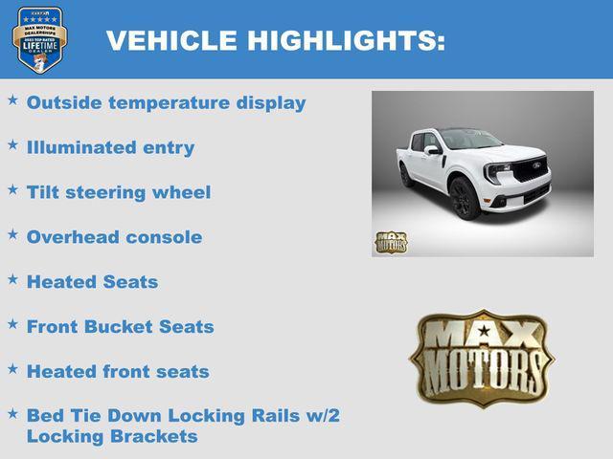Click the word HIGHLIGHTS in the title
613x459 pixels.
pyautogui.click(x=346, y=41)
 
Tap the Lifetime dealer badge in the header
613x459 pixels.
pyautogui.click(x=39, y=40)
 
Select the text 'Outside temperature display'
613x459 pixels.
pyautogui.click(x=166, y=102)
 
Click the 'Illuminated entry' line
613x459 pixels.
pyautogui.click(x=110, y=147)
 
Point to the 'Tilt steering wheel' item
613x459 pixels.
pyautogui.click(x=119, y=192)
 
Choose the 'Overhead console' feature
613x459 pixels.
pyautogui.click(x=114, y=237)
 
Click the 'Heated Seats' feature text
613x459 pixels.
pyautogui.click(x=92, y=282)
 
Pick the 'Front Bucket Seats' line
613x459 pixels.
pyautogui.click(x=120, y=326)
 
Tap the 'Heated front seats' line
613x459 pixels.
pyautogui.click(x=118, y=371)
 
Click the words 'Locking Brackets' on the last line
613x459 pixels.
pyautogui.click(x=112, y=436)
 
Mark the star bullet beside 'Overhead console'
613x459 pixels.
pyautogui.click(x=12, y=234)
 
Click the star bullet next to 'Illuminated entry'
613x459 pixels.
pyautogui.click(x=12, y=144)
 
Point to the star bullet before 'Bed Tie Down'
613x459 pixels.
pyautogui.click(x=12, y=413)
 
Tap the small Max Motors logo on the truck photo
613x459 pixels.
pyautogui.click(x=390, y=242)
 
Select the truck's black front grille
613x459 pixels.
pyautogui.click(x=530, y=171)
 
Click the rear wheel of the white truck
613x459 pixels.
pyautogui.click(x=407, y=174)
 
